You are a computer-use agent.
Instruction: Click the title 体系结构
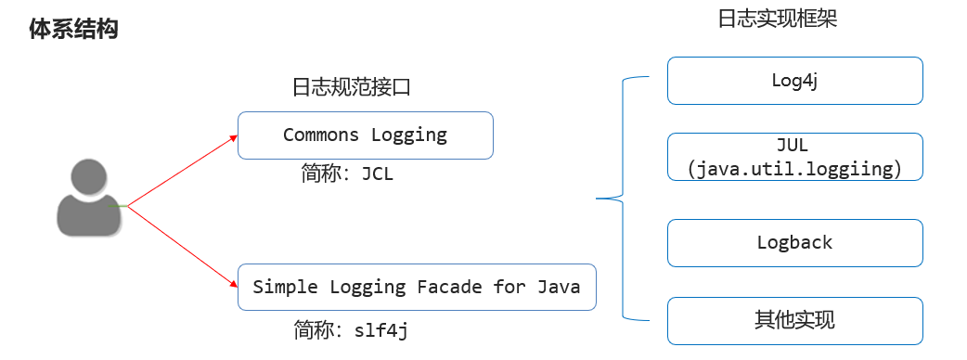point(74,29)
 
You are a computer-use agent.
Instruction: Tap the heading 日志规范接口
point(351,88)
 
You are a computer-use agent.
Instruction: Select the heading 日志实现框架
point(778,19)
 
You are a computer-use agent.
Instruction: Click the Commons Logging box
point(365,135)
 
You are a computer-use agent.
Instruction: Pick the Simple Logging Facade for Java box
point(417,287)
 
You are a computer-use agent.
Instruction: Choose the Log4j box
point(794,80)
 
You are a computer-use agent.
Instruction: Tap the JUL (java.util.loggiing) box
point(794,156)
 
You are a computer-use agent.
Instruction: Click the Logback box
point(794,243)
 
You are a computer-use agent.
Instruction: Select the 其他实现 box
point(794,321)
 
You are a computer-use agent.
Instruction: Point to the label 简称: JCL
point(347,174)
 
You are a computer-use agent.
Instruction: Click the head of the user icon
point(88,177)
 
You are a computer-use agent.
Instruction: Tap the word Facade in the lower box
point(449,287)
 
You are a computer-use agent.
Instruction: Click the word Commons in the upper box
point(321,135)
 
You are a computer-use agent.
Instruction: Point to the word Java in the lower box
point(559,287)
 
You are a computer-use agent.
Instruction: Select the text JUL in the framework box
point(793,147)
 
